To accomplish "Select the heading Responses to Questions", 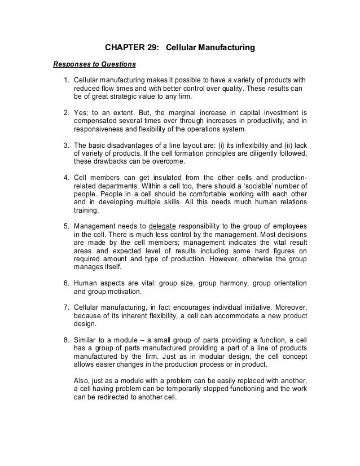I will pos(94,63).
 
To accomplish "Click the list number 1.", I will pos(66,79).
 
